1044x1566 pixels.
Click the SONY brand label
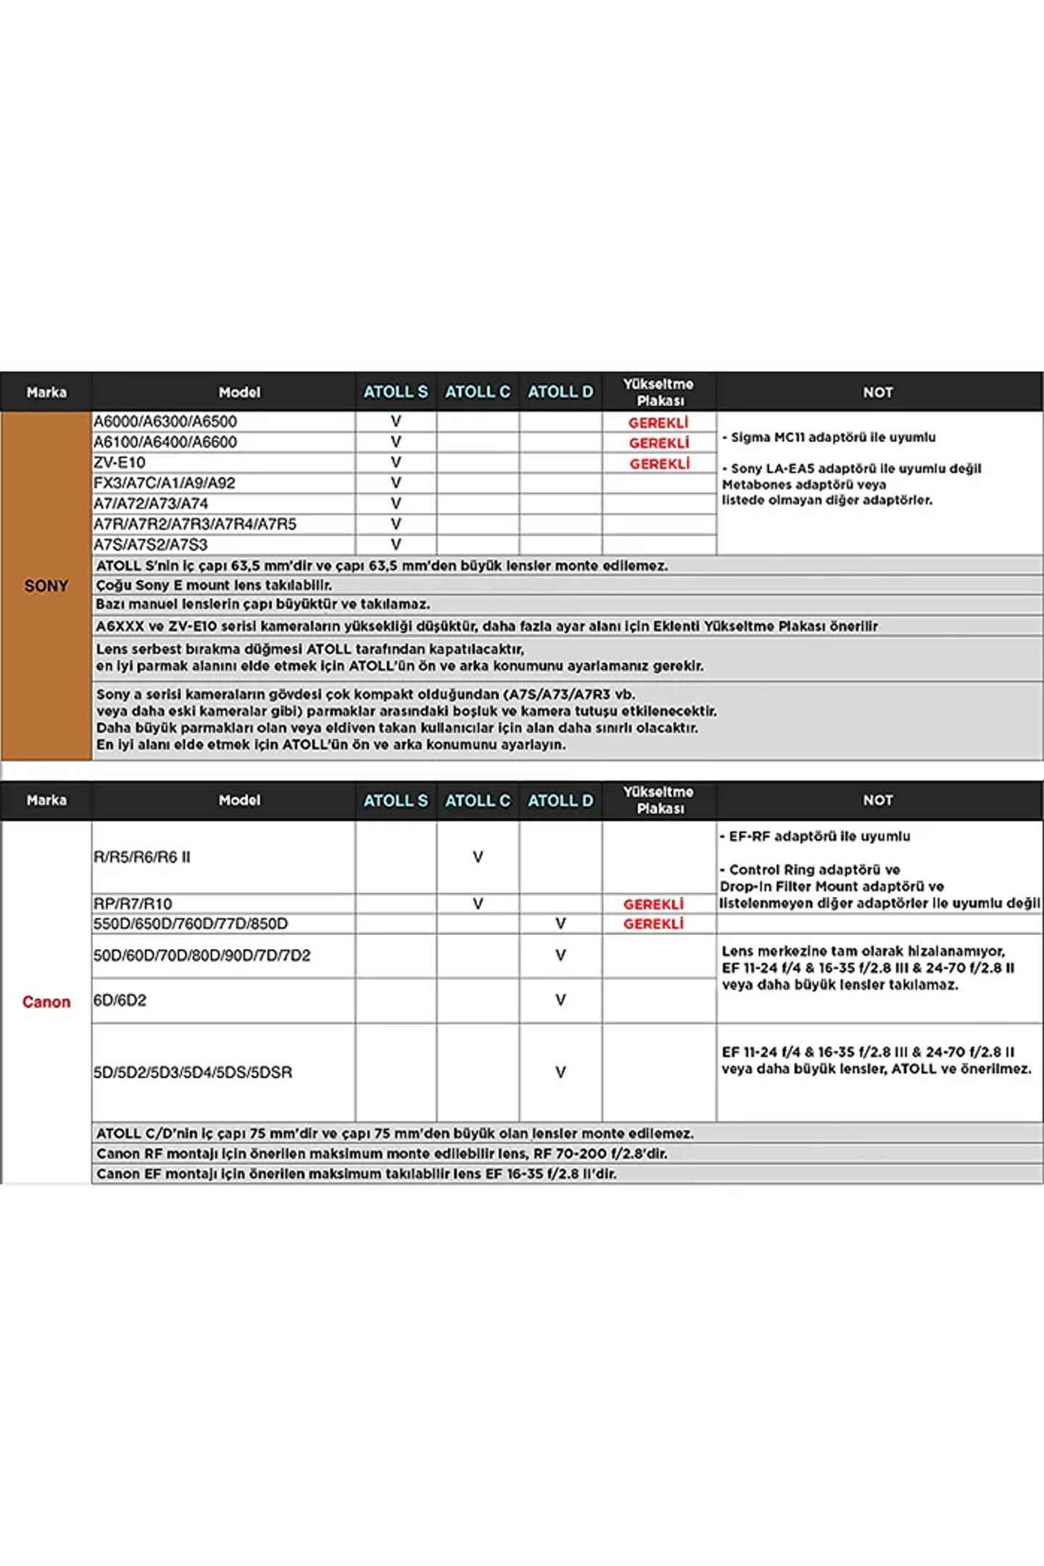(x=46, y=586)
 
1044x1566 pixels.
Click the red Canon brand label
(x=46, y=1002)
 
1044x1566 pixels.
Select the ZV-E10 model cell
(x=120, y=463)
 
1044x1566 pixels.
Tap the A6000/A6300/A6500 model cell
(x=165, y=421)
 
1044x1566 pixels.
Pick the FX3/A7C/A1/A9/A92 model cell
(x=165, y=483)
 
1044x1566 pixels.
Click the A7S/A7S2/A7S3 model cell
(x=151, y=544)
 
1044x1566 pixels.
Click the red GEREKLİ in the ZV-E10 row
(x=659, y=463)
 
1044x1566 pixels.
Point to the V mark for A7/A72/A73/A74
(x=396, y=503)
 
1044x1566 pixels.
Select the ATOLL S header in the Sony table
(x=396, y=392)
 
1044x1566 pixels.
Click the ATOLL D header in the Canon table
(x=560, y=800)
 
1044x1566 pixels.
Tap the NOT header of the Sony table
(x=878, y=392)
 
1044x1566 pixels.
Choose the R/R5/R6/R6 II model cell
(x=142, y=857)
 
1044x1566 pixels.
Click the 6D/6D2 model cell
(x=120, y=1000)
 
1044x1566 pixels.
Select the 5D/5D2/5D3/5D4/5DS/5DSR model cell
(x=193, y=1072)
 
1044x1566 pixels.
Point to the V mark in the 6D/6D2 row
(x=560, y=1000)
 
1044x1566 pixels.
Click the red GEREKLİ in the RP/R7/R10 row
(x=653, y=904)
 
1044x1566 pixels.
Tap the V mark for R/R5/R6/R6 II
(x=478, y=857)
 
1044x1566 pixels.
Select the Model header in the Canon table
(x=239, y=800)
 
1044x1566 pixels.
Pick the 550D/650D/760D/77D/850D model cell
(x=191, y=924)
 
